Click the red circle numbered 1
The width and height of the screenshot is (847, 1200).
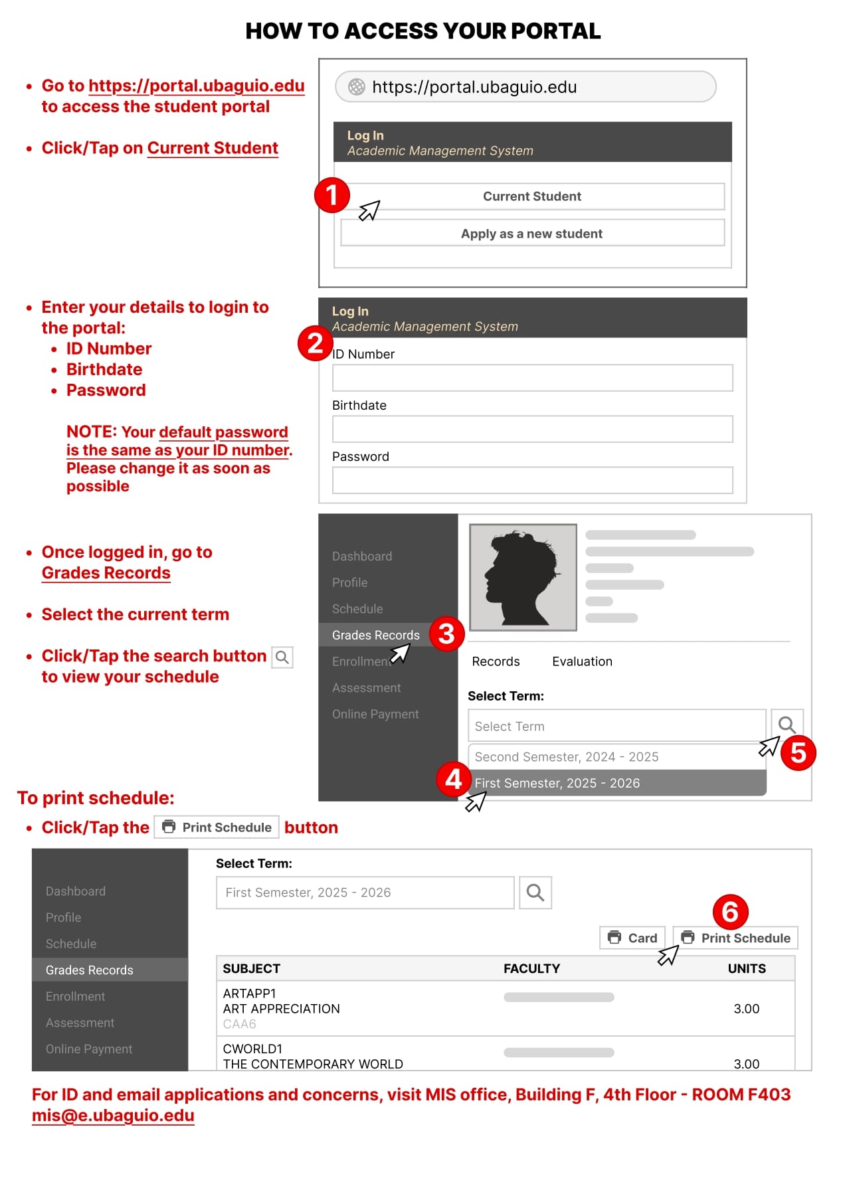(331, 195)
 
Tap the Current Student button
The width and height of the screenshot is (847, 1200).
(532, 197)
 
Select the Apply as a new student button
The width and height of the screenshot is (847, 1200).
(532, 234)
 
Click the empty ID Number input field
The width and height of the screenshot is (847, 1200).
(532, 378)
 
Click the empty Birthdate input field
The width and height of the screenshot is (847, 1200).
(532, 429)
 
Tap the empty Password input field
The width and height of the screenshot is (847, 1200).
(532, 480)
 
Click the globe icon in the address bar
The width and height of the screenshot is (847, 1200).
(357, 87)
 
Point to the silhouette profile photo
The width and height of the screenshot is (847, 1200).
(523, 577)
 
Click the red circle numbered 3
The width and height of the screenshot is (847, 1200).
(446, 634)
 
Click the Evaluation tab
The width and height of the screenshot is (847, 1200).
(582, 661)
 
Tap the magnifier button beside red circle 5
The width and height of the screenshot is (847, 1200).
(787, 725)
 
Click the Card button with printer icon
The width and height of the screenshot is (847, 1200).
(632, 938)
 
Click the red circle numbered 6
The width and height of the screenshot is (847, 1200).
(730, 912)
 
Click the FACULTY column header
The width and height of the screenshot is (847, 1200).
(531, 969)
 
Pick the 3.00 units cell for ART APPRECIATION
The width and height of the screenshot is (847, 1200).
(746, 1009)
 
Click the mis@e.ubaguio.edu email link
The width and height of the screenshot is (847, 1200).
(113, 1116)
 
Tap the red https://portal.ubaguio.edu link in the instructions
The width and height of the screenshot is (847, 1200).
(196, 86)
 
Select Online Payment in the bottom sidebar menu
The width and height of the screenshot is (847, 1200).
(89, 1049)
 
